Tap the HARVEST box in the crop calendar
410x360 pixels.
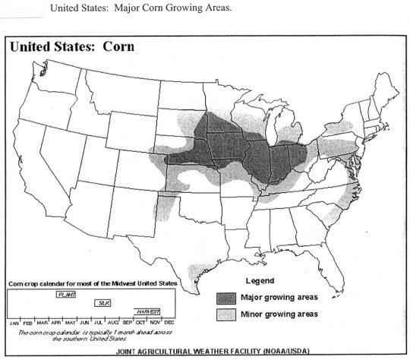click(x=147, y=311)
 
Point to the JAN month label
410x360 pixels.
click(x=14, y=322)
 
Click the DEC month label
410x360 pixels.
click(x=169, y=322)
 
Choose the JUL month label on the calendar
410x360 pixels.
click(x=98, y=322)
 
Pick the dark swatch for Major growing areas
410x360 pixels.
click(x=225, y=297)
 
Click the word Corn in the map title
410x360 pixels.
click(x=118, y=46)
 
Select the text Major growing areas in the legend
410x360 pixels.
click(x=278, y=297)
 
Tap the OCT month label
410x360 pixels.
click(x=140, y=322)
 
